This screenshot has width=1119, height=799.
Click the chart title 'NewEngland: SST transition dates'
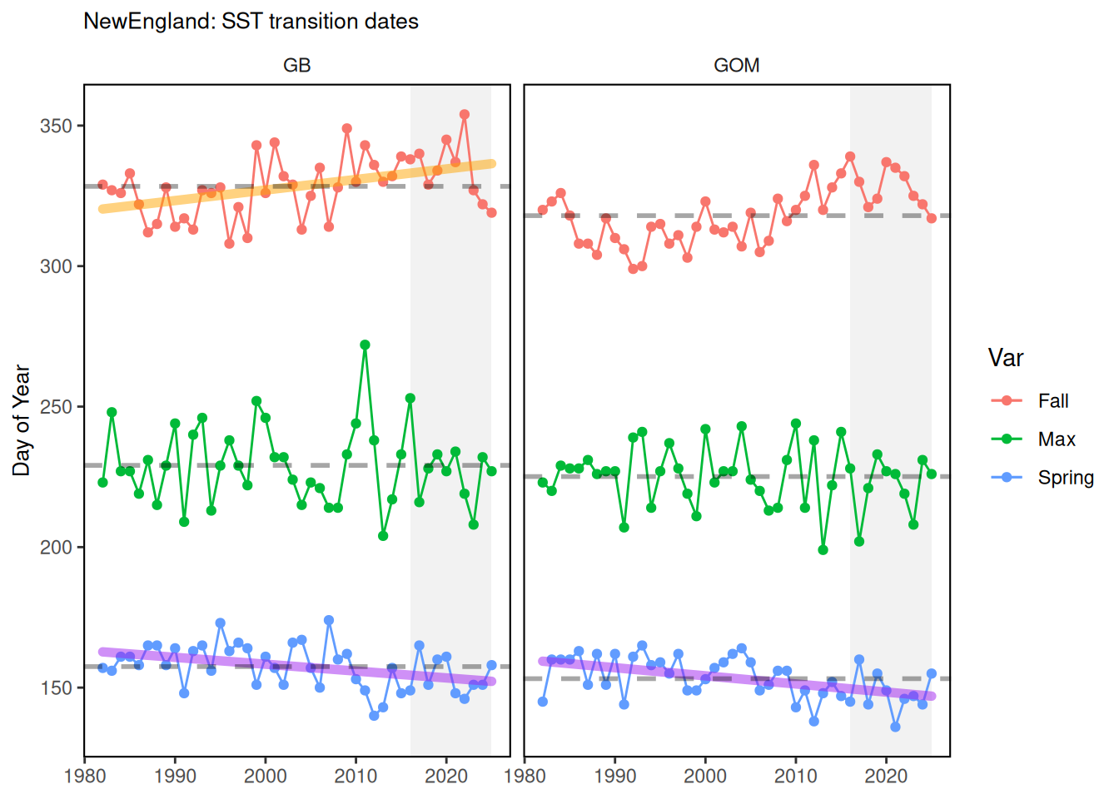(x=251, y=22)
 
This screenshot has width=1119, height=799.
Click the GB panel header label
(x=296, y=66)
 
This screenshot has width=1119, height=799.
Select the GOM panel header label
(x=736, y=66)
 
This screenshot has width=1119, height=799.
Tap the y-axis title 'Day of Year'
(x=22, y=420)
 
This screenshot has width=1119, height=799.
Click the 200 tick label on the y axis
(x=56, y=548)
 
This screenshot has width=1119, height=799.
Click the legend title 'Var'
(x=1005, y=359)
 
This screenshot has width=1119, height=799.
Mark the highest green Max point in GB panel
(x=365, y=345)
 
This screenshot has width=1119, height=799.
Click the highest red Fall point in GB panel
(x=465, y=115)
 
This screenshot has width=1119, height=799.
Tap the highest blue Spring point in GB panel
(x=329, y=620)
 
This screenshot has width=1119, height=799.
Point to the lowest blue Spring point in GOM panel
(x=895, y=727)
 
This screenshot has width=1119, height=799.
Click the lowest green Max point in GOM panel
(x=823, y=550)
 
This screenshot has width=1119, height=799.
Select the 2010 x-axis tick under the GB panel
(x=356, y=777)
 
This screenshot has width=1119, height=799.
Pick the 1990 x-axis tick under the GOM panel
(x=615, y=777)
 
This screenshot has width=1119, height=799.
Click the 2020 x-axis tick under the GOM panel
(x=886, y=777)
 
